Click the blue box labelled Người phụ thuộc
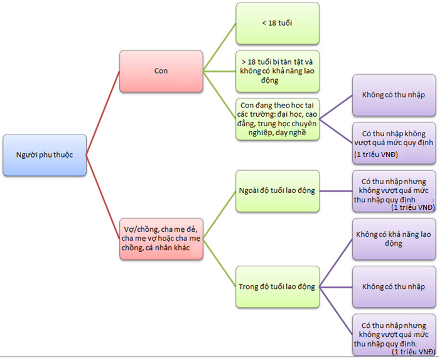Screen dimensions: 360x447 coord(44,155)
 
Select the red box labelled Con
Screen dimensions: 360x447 coord(161,71)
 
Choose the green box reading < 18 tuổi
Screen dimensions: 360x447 coord(277,23)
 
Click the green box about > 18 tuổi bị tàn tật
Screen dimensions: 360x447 coord(277,71)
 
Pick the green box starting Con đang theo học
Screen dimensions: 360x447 coord(277,119)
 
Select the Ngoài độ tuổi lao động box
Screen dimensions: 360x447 coord(277,190)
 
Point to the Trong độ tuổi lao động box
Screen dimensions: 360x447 coord(277,286)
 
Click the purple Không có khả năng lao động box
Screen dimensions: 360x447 coord(394,239)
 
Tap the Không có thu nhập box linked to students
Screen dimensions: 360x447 coord(394,95)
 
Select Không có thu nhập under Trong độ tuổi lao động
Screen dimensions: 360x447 coord(394,286)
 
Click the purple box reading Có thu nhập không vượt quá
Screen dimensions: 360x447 coord(394,143)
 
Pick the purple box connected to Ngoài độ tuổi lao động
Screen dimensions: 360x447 coord(394,190)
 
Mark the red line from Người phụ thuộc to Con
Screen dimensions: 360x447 coord(102,113)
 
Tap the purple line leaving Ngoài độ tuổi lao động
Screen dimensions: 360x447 coord(336,190)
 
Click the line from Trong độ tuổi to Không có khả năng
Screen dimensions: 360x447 coord(336,263)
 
